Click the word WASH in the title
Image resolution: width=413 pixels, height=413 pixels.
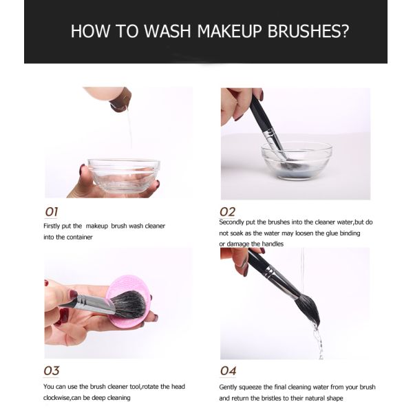[x=167, y=31]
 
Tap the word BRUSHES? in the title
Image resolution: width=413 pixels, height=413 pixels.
[x=308, y=31]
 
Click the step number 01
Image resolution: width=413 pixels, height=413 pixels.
[x=52, y=212]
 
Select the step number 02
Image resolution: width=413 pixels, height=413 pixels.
[x=228, y=212]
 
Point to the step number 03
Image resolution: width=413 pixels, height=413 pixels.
[x=52, y=371]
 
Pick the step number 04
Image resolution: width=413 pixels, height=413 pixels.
[x=228, y=371]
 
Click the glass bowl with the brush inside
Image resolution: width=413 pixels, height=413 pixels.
[x=297, y=160]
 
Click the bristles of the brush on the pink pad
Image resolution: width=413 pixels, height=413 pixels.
[x=129, y=304]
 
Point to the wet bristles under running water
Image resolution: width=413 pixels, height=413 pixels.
[x=308, y=308]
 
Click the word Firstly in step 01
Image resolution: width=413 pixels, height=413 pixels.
[x=52, y=226]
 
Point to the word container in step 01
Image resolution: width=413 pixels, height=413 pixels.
[x=79, y=237]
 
